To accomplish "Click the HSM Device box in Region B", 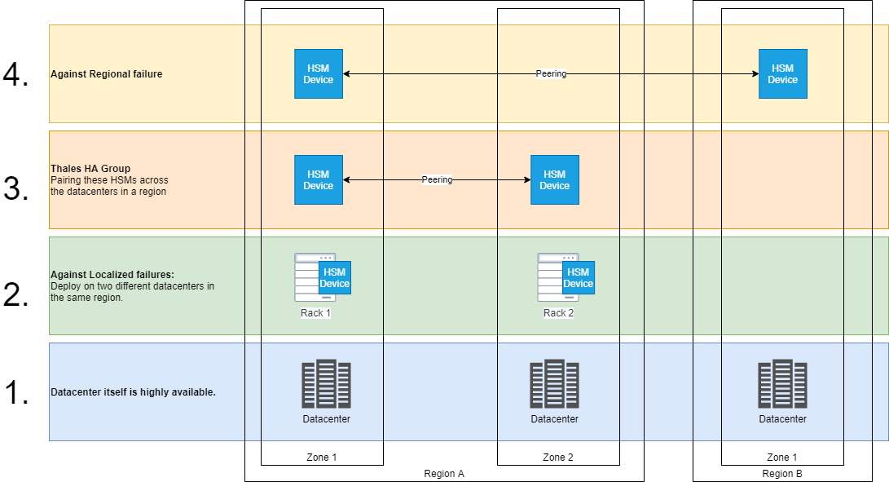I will coord(782,74).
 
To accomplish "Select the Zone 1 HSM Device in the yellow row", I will coord(318,74).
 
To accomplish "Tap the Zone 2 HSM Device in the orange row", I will coord(554,180).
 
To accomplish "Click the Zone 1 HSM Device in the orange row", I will coord(318,180).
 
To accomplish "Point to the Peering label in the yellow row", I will coord(551,73).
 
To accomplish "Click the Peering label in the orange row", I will coord(437,179).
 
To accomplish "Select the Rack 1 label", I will coord(315,313).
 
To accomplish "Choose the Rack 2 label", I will coord(559,313).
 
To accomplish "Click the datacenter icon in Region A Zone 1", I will coord(326,384).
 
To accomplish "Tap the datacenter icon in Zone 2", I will coord(554,384).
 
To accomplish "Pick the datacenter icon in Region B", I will coord(782,384).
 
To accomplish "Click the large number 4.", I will coord(16,75).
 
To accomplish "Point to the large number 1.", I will coord(16,393).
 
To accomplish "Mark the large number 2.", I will coord(16,294).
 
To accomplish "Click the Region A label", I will coord(444,474).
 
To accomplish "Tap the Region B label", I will coord(782,474).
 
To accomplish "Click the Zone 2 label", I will coord(558,458).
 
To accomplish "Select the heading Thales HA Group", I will coord(90,169).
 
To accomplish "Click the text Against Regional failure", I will coord(107,74).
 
